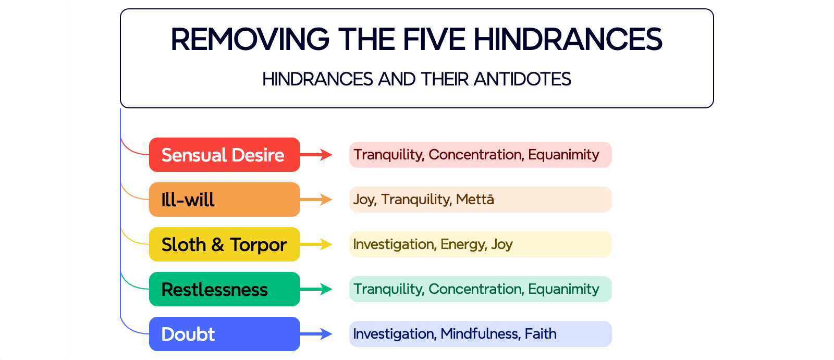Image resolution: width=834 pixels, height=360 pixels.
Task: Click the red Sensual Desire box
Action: pos(225,155)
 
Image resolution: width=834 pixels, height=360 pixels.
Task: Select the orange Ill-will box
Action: pos(225,200)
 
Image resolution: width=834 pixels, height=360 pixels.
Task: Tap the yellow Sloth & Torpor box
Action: pos(225,244)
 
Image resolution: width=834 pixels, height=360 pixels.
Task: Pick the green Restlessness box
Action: pos(225,289)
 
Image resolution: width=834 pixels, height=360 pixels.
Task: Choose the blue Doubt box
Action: pos(225,334)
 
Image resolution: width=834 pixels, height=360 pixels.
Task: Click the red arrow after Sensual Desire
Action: pos(316,155)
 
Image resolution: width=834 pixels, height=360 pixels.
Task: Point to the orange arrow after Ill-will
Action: pos(316,200)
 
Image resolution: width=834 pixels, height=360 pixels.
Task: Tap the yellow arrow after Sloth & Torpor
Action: pos(316,244)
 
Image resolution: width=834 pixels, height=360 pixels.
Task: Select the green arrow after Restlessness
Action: pos(316,289)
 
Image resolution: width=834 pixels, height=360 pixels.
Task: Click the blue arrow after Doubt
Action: pos(316,334)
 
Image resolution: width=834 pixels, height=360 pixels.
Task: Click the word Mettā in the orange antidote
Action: pos(475,200)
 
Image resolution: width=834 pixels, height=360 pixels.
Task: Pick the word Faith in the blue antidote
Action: pos(541,334)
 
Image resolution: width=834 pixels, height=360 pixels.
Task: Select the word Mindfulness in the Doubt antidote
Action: pos(481,334)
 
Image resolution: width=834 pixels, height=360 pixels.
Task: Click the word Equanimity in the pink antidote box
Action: pos(563,155)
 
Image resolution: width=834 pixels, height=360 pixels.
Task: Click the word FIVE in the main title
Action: pos(434,40)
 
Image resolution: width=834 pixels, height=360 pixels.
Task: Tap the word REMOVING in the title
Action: pos(250,40)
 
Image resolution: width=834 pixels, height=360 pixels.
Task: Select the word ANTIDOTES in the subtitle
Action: pos(522,79)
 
